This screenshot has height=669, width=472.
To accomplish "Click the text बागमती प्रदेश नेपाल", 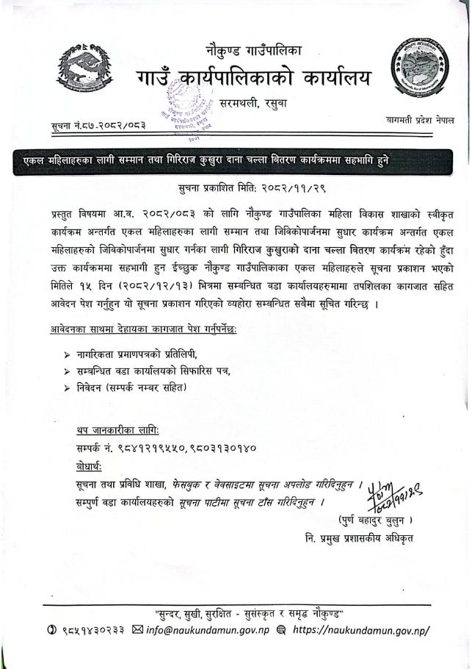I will (x=420, y=119).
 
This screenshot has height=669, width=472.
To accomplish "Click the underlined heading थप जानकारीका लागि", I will (x=117, y=429).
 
